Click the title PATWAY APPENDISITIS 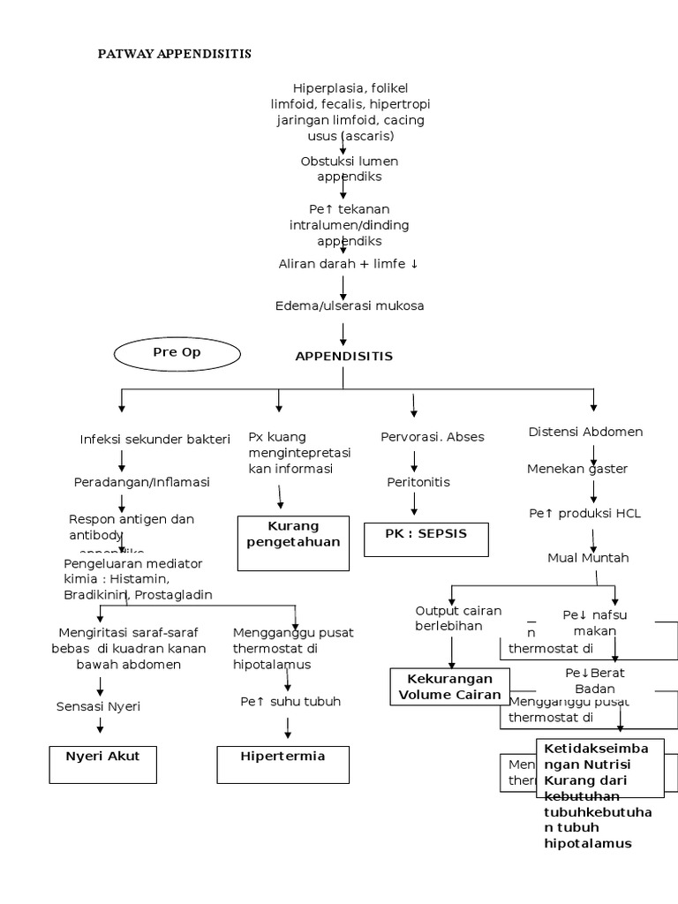174,54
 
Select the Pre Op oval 177,353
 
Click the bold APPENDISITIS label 343,356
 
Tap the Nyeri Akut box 102,764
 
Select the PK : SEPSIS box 426,539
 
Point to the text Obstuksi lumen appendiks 350,169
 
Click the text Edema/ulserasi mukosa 350,305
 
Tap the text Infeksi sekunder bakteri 154,439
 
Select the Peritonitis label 418,482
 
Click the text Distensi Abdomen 585,432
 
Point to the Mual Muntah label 589,557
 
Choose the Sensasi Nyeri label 98,706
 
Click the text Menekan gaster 577,469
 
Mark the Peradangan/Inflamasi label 141,482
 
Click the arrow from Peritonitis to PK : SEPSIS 412,504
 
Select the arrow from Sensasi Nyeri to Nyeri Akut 101,726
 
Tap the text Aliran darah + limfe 350,263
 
